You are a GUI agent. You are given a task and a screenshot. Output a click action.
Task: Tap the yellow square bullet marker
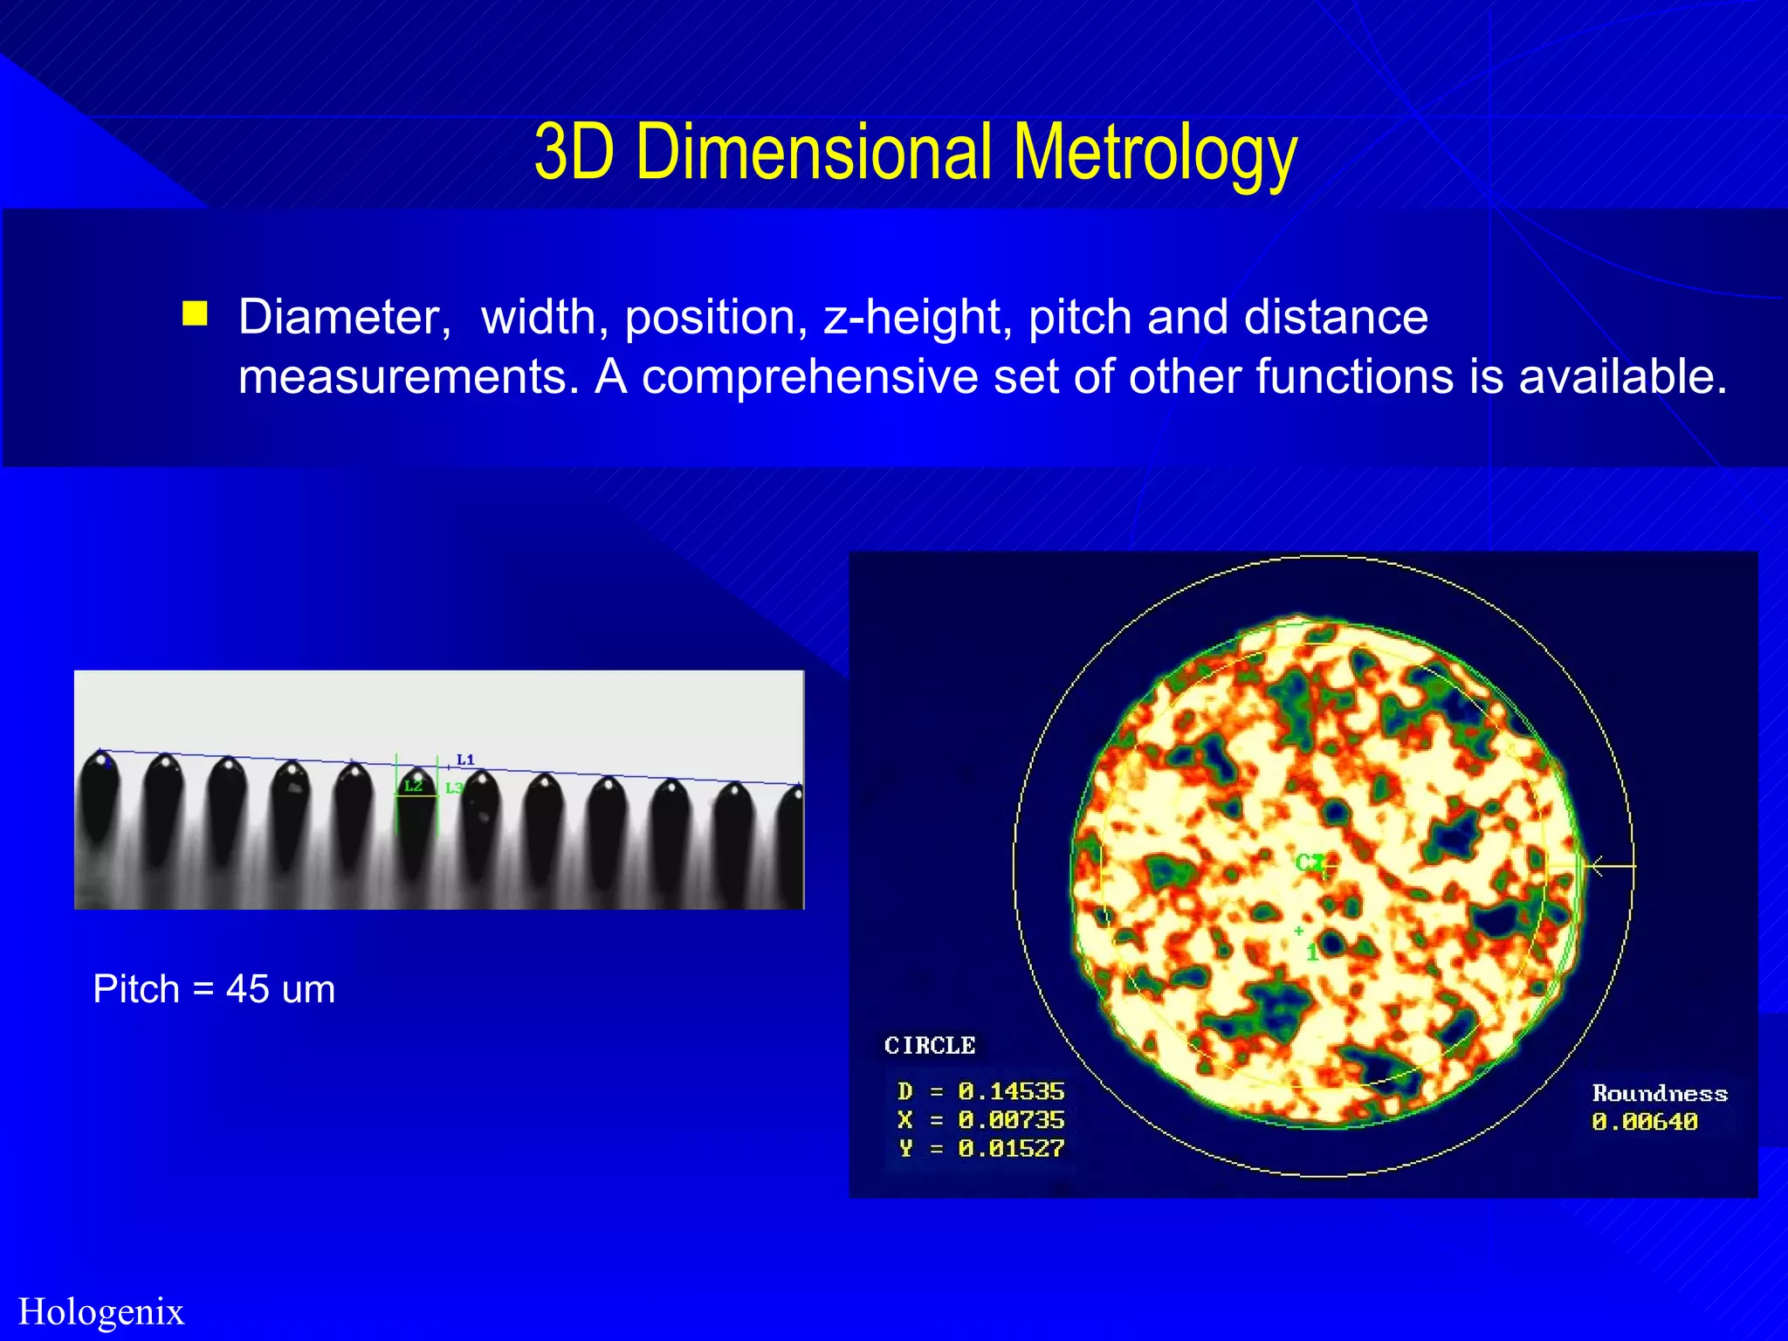tap(195, 313)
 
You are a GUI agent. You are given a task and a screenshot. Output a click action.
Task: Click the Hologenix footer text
tap(101, 1311)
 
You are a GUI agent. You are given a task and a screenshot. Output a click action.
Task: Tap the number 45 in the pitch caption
tap(247, 989)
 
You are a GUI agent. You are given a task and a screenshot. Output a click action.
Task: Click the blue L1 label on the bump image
tap(465, 760)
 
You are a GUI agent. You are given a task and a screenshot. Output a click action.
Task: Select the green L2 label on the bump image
tap(413, 786)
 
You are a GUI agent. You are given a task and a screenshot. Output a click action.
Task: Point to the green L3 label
tap(454, 788)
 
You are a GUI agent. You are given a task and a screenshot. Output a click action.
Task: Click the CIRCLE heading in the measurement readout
tap(930, 1045)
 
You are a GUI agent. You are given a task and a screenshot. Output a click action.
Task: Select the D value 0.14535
tap(1011, 1091)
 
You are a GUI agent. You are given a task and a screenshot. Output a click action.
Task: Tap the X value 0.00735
tap(1011, 1120)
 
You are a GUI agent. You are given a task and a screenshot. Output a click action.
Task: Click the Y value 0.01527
tap(1011, 1149)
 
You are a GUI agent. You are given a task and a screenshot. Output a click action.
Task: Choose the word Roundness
tap(1660, 1093)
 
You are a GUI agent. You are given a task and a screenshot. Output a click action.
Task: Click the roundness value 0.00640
tap(1645, 1122)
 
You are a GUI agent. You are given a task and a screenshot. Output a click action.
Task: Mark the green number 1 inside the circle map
tap(1312, 952)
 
